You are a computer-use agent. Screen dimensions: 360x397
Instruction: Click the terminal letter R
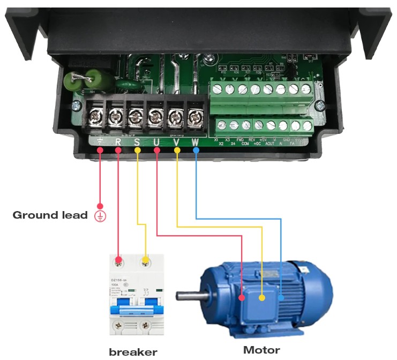tap(118, 142)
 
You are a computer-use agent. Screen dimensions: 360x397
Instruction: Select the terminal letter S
tap(137, 142)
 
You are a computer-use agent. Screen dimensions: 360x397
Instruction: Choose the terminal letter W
tap(196, 142)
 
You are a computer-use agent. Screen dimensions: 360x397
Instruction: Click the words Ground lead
tap(50, 215)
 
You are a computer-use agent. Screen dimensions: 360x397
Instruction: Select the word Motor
tap(261, 350)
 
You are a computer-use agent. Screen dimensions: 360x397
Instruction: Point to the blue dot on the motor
tap(281, 296)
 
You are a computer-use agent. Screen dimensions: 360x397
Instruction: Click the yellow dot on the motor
tap(262, 297)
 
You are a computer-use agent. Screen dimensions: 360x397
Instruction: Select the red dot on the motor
tap(242, 297)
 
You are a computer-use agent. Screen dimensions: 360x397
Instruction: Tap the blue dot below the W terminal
tap(196, 151)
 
